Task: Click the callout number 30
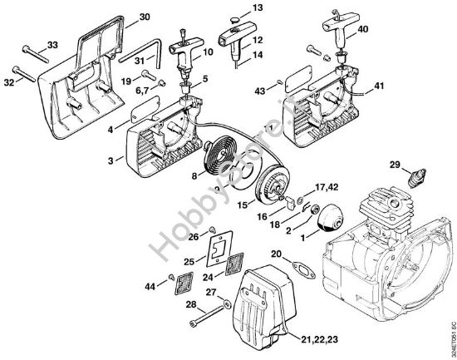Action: click(144, 17)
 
